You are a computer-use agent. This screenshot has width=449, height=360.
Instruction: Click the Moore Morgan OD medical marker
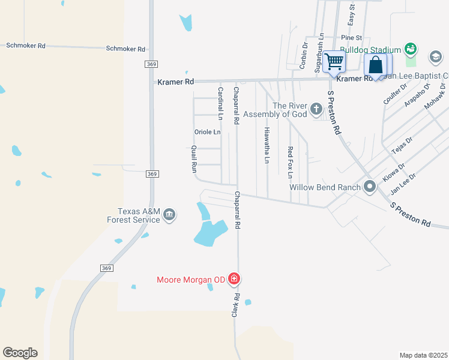point(234,279)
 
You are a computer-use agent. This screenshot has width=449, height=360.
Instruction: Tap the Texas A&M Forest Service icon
point(169,215)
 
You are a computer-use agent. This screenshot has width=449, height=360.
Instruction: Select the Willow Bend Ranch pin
point(369,187)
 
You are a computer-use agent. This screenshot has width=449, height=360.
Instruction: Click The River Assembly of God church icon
point(316,110)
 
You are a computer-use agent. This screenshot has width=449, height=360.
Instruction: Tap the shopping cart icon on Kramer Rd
point(334,61)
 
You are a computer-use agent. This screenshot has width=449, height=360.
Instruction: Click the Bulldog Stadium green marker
point(411,49)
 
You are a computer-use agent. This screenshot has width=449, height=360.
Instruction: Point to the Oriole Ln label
point(208,132)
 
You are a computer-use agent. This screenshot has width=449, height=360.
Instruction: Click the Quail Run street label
point(194,159)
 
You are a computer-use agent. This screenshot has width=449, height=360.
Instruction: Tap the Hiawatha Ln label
point(267,145)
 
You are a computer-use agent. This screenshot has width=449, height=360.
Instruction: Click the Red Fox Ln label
point(290,162)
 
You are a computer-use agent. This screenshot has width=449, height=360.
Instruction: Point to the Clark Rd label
point(237,305)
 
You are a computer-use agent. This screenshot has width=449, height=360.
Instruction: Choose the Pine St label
point(357,37)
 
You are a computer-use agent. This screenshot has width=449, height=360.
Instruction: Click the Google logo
point(20,353)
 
